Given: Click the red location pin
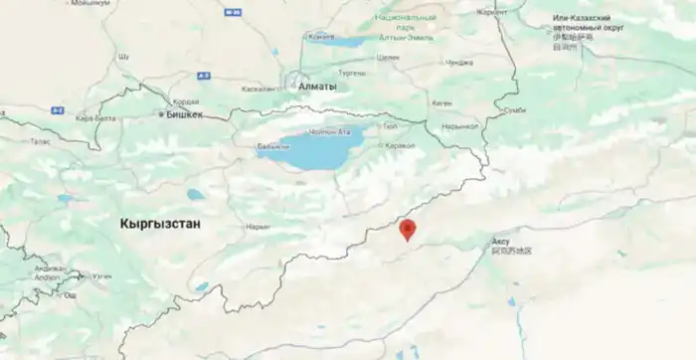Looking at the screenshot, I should coord(407,230).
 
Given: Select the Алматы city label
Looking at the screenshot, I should coord(317,87).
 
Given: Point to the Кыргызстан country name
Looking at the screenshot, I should coord(160,224).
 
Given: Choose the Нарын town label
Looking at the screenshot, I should coord(258,227).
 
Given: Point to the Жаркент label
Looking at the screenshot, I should coord(492,12).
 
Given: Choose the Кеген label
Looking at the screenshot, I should coord(442,102).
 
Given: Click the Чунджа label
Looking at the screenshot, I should coord(458,63).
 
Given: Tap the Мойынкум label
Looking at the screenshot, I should coord(90,4).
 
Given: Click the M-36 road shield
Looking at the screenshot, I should coord(235,12).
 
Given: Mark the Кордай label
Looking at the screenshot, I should coord(186,100).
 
